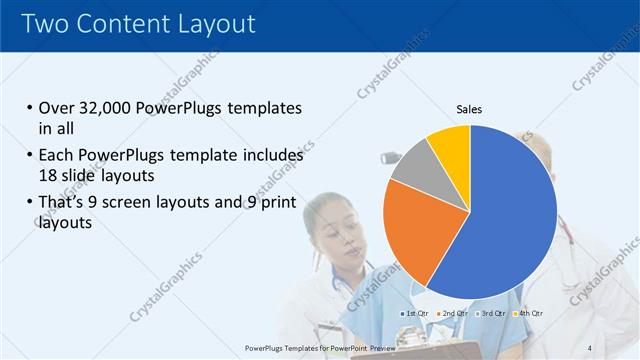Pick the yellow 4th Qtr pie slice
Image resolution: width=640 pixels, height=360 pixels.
pos(450,145)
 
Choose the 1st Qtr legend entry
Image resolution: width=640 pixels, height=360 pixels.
pos(416,314)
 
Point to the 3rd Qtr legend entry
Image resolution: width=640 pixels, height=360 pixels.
pos(491,314)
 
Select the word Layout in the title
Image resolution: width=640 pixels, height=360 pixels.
pos(214,23)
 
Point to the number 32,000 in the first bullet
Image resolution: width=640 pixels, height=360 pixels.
pos(103,108)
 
